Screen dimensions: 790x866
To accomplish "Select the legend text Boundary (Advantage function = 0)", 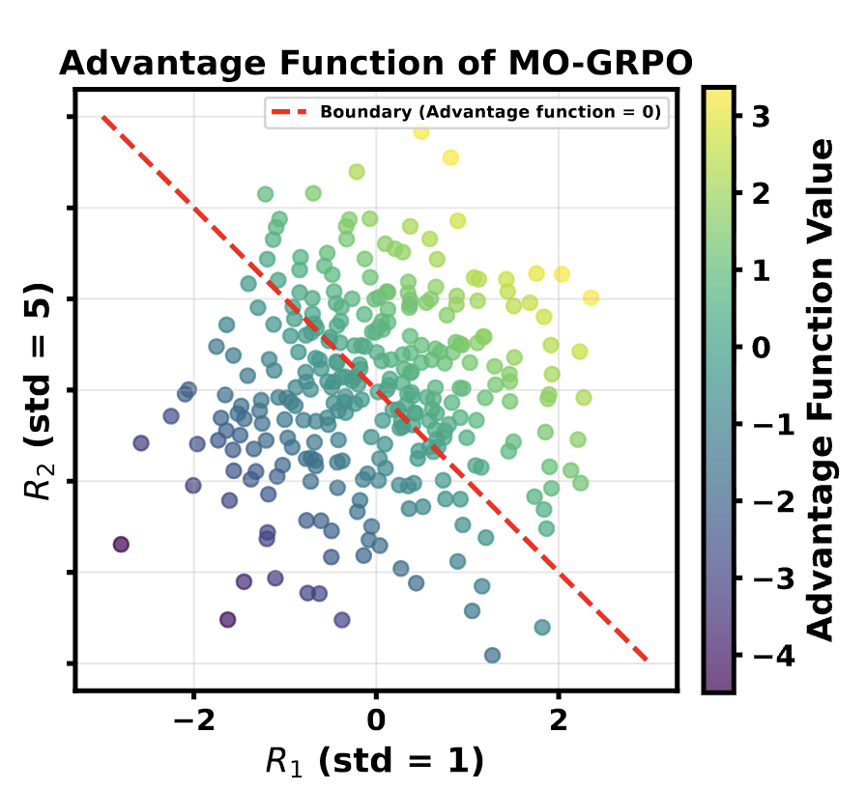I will pyautogui.click(x=490, y=112).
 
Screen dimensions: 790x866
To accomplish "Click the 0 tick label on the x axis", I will pyautogui.click(x=376, y=719).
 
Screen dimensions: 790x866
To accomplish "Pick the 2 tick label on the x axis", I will pyautogui.click(x=558, y=719).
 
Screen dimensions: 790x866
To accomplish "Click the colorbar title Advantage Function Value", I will pyautogui.click(x=821, y=388).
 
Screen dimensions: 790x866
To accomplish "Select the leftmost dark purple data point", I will pyautogui.click(x=121, y=545).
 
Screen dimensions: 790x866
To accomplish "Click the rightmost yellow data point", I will pyautogui.click(x=591, y=297).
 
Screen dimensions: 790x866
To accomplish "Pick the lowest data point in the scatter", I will pyautogui.click(x=492, y=656).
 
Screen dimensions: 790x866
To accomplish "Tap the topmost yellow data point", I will pyautogui.click(x=421, y=131).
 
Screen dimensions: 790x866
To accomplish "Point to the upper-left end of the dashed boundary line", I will pyautogui.click(x=102, y=117).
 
